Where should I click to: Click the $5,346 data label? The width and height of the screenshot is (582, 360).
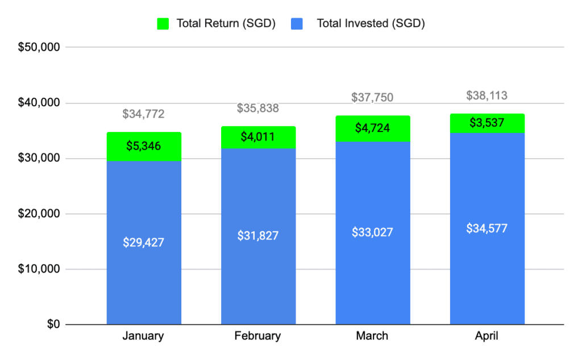(144, 146)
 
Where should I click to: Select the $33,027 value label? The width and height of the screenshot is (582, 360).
(372, 233)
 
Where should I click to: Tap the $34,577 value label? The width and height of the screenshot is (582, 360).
(487, 229)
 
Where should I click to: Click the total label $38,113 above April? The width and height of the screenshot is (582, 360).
(487, 96)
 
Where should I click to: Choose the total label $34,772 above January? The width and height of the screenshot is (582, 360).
(144, 114)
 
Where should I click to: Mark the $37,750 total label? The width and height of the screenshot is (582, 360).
(372, 97)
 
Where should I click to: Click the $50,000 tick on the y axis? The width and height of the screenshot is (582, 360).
(39, 48)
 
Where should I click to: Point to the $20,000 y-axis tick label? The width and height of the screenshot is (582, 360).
(39, 214)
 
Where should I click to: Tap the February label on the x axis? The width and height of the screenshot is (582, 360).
(258, 336)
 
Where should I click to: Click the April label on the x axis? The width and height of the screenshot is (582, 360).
(487, 336)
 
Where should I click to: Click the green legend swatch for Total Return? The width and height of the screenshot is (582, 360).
(163, 24)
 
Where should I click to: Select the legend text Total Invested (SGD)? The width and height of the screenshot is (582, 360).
(371, 24)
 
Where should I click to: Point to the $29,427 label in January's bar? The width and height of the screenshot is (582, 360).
(144, 242)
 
